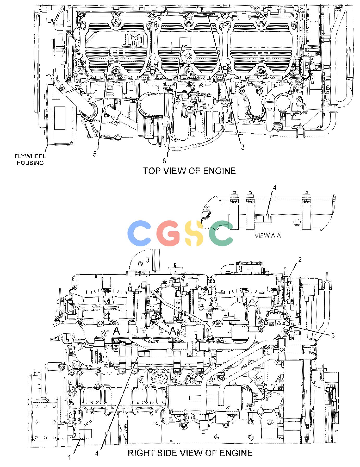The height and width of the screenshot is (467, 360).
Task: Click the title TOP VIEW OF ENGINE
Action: click(x=189, y=171)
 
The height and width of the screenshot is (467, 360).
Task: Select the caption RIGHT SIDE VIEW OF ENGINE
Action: click(x=190, y=453)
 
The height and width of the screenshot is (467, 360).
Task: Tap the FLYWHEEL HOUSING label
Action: click(x=30, y=159)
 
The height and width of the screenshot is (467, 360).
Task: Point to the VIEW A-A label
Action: click(x=268, y=235)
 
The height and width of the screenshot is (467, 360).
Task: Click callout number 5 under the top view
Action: click(x=95, y=154)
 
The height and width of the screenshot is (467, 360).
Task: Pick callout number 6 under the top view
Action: click(x=164, y=161)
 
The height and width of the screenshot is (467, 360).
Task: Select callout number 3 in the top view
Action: click(x=243, y=147)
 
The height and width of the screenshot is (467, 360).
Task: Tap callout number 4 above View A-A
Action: click(x=274, y=188)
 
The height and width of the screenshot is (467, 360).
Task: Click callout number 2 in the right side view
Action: click(x=300, y=259)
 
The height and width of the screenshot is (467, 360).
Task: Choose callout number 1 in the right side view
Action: click(x=70, y=457)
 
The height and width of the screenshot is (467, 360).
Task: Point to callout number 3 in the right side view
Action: click(x=333, y=335)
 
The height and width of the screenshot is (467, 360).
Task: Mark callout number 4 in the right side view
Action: click(x=97, y=453)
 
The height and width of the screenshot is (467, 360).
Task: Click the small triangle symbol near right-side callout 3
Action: click(x=278, y=322)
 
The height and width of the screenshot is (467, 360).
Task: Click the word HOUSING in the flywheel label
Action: click(x=30, y=163)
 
